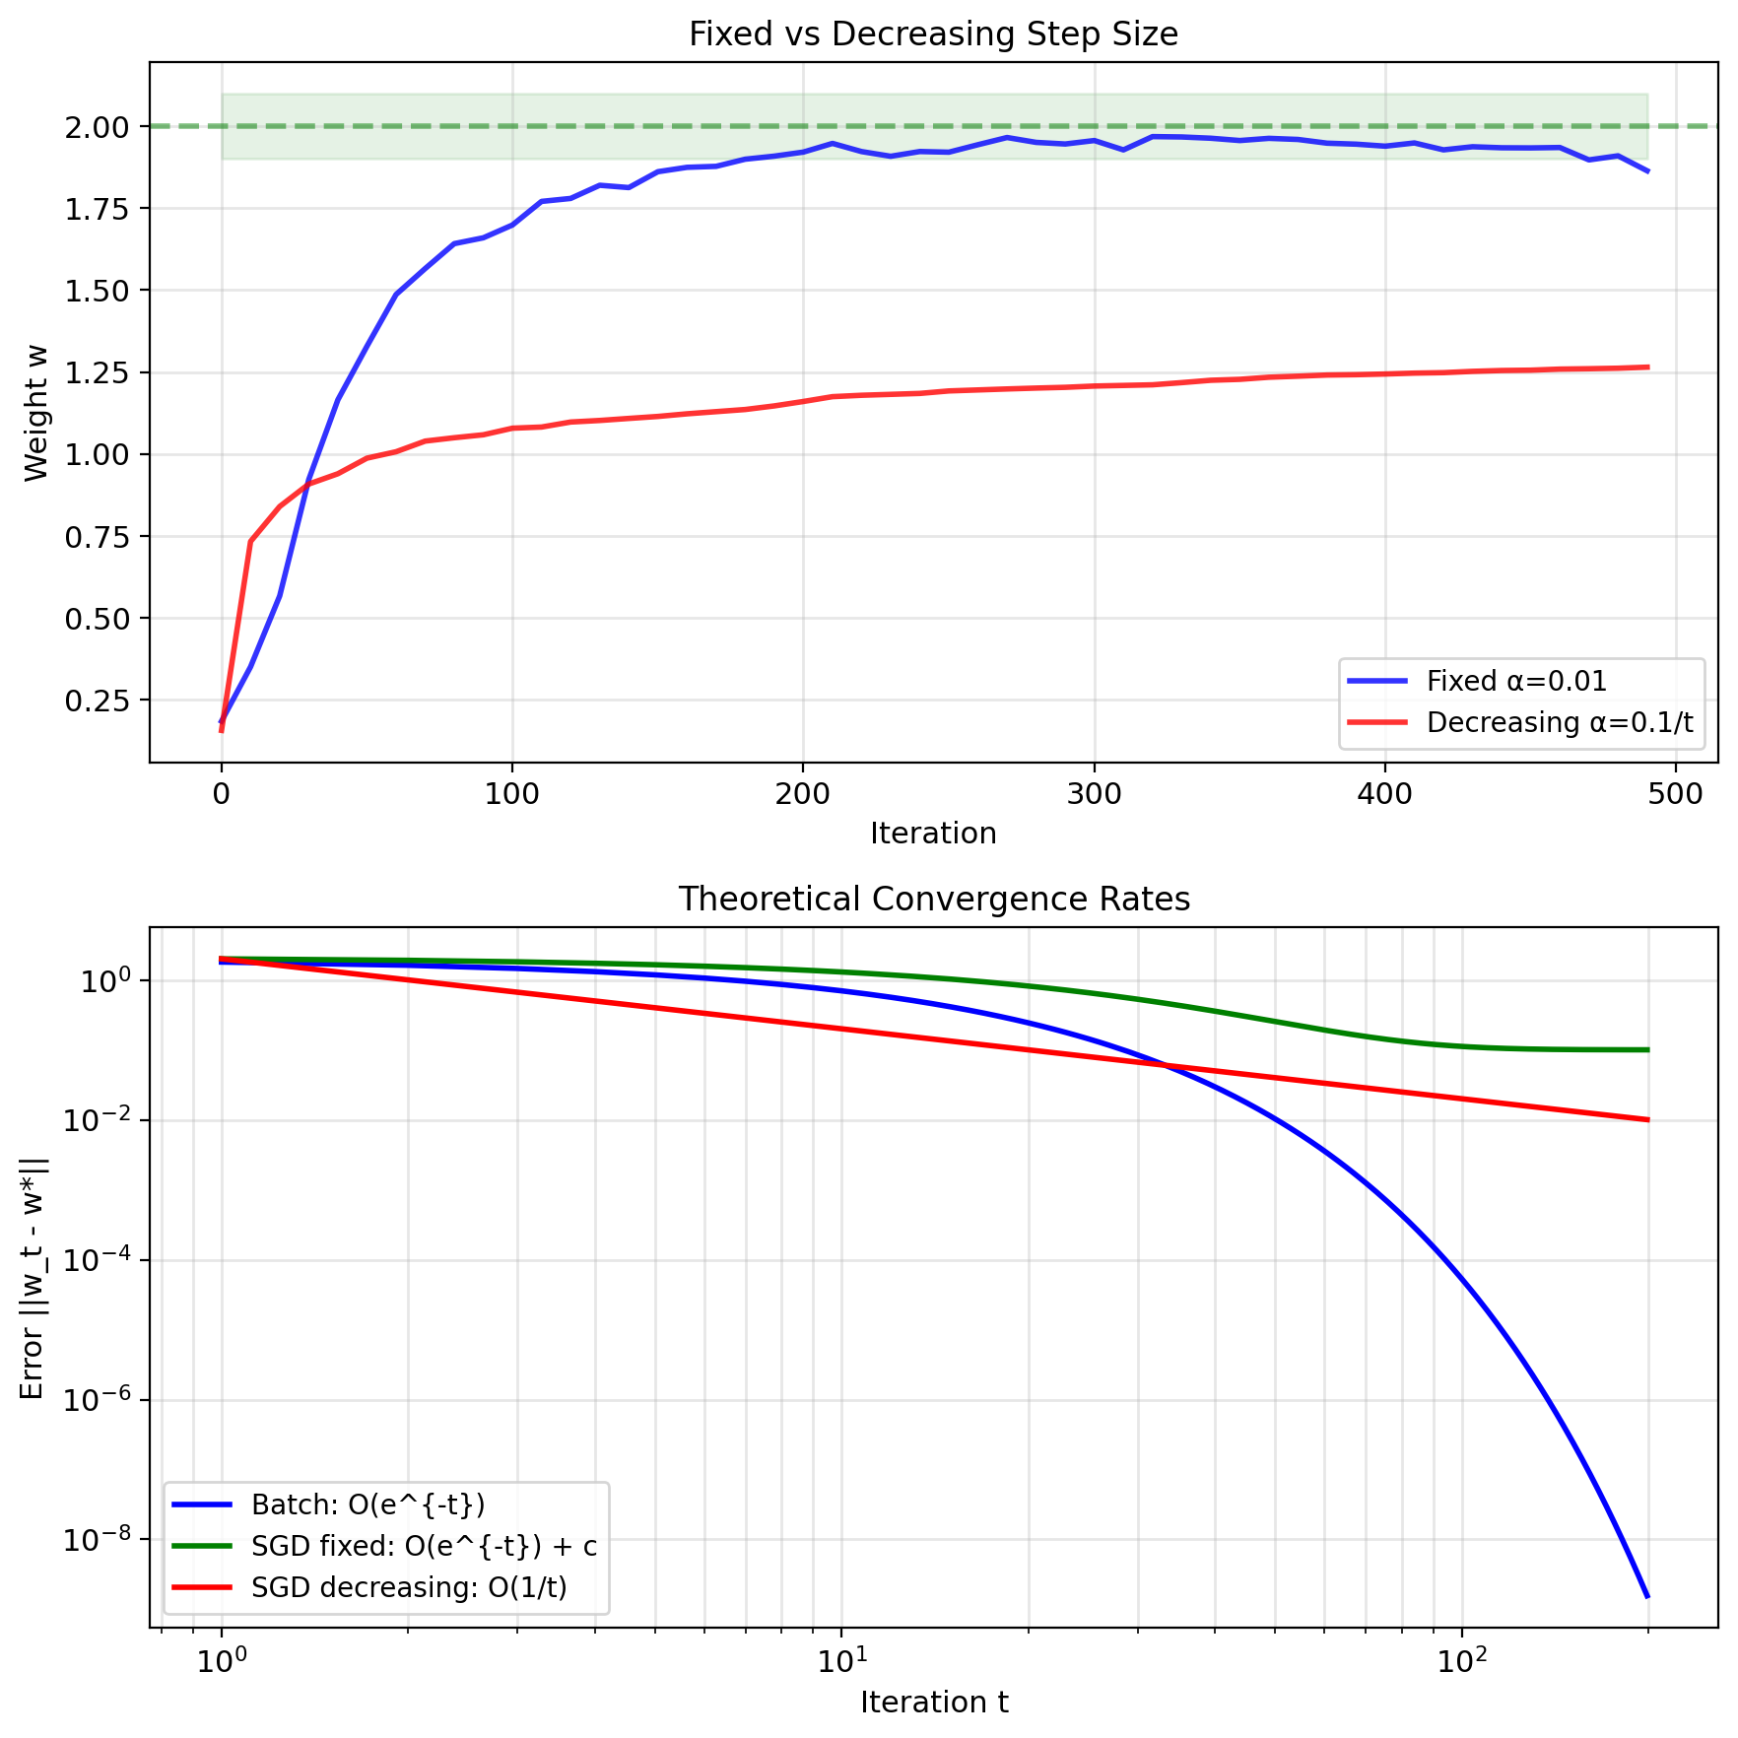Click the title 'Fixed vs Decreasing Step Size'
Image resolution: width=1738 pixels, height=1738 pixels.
(933, 34)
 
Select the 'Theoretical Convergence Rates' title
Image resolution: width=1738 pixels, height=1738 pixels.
(933, 900)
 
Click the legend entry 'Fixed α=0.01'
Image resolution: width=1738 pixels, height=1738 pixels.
(1516, 681)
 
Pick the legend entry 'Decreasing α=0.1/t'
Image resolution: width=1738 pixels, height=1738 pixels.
(1559, 722)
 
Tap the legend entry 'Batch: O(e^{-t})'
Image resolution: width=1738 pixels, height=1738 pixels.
(368, 1504)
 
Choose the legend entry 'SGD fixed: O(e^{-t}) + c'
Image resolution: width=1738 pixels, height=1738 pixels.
(424, 1546)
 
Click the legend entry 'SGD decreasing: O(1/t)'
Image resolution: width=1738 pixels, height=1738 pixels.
(409, 1587)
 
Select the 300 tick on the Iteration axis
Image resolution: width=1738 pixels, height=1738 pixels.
(1094, 794)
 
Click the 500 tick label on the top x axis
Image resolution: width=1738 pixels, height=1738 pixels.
(1675, 794)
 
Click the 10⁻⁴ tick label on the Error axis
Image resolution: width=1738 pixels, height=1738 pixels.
(95, 1262)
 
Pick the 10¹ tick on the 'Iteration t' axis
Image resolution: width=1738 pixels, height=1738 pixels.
(840, 1663)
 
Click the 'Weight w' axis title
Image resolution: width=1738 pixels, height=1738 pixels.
(36, 413)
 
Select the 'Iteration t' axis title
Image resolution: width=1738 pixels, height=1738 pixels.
(933, 1703)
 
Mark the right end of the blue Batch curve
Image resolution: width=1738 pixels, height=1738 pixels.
(1647, 1596)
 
